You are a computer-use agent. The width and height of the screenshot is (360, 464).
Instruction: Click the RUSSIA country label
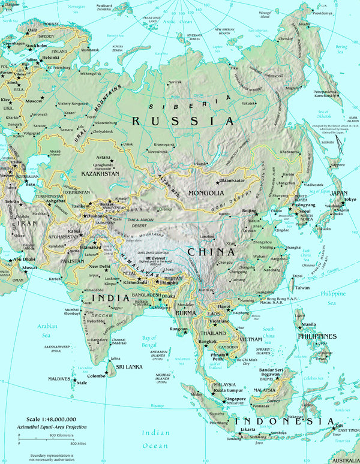tap(173, 120)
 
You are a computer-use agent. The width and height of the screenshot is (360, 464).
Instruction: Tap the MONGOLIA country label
tap(206, 194)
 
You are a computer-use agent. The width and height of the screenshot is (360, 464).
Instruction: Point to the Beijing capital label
tap(250, 212)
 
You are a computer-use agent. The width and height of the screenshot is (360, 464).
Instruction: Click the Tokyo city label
tap(350, 199)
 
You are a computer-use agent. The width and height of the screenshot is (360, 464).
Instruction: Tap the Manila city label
tap(309, 324)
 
